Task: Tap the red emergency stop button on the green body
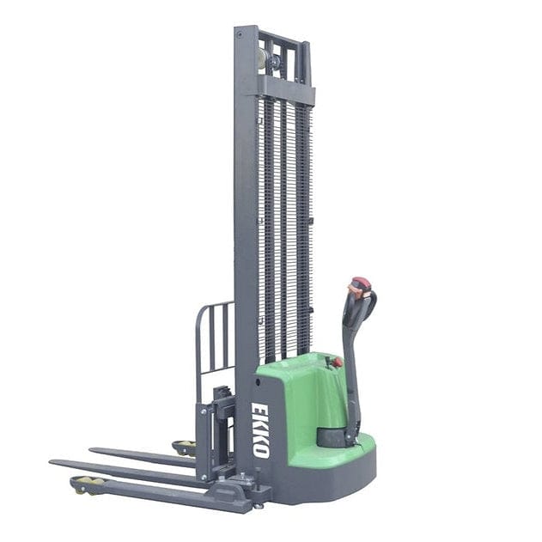[x=337, y=362]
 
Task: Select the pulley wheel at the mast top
[x=262, y=58]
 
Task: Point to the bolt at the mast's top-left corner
[x=240, y=35]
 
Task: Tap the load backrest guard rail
[x=214, y=339]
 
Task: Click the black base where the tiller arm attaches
[x=336, y=436]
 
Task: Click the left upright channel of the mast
[x=245, y=215]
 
